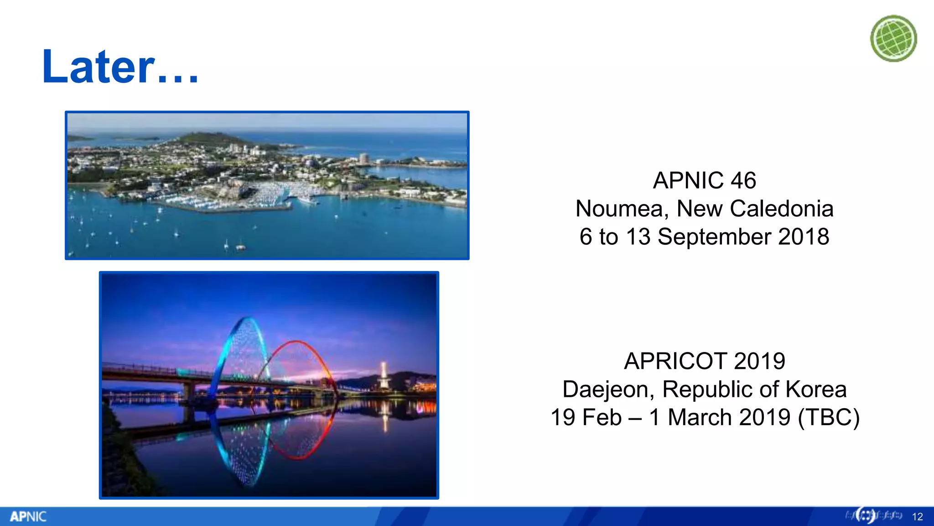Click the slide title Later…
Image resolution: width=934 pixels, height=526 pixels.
point(120,67)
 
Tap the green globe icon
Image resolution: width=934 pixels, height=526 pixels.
point(893,38)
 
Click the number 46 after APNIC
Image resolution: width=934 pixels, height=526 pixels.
point(743,180)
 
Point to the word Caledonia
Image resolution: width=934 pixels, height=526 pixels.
point(782,209)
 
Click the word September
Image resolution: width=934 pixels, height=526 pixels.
point(714,237)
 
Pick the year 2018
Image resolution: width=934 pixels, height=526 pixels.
point(804,237)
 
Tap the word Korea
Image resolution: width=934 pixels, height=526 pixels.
point(816,389)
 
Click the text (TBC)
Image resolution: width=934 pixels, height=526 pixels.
point(829,417)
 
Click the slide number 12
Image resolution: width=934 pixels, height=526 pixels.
point(918,517)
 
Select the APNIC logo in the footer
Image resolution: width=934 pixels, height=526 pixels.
point(28,516)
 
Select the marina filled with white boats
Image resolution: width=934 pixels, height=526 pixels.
point(269,194)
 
